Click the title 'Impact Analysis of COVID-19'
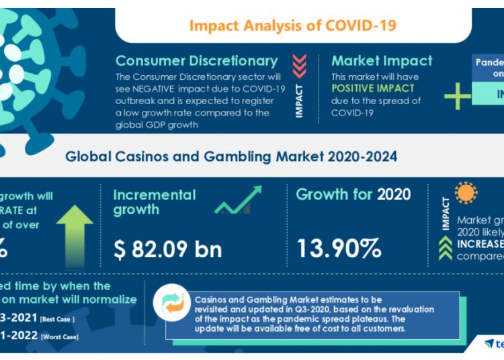click(292, 26)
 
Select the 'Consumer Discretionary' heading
click(196, 61)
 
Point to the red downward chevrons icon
click(299, 66)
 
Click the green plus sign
click(458, 97)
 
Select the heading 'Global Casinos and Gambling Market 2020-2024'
click(231, 156)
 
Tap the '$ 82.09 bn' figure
click(167, 249)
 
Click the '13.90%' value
click(339, 249)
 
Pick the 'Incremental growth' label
click(154, 202)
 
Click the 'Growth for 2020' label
click(353, 195)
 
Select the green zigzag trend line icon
click(238, 200)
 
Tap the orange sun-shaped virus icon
click(466, 193)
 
